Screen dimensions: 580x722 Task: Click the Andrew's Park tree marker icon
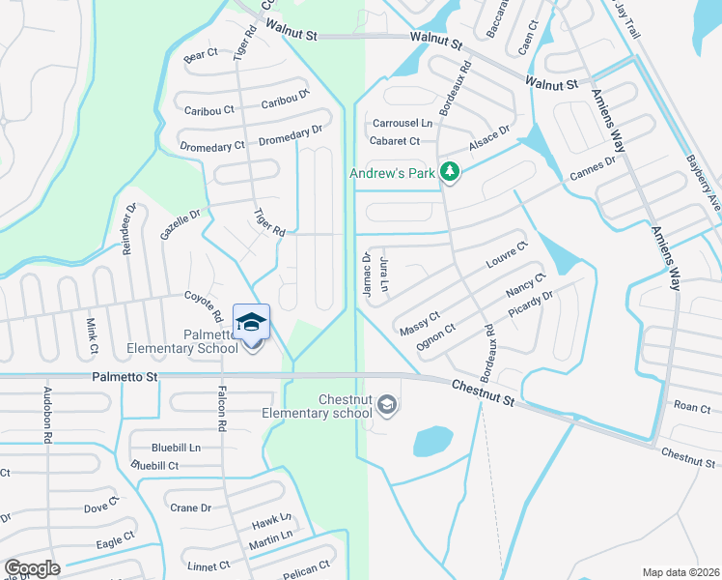point(449,172)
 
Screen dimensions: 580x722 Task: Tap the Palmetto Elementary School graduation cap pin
point(251,323)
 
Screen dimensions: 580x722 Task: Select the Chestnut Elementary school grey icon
point(387,404)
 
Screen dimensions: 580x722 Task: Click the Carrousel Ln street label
point(403,124)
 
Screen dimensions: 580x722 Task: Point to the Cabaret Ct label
point(395,141)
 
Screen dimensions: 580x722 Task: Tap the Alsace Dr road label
point(488,137)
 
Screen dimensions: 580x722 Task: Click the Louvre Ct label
point(507,255)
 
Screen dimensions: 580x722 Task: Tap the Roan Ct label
point(692,408)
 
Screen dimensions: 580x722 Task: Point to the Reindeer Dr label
point(127,228)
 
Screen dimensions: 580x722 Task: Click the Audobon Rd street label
point(46,417)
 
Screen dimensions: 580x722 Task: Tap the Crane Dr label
point(190,508)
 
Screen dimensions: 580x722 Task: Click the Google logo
point(32,568)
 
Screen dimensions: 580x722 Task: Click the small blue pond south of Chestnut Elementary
point(433,442)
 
